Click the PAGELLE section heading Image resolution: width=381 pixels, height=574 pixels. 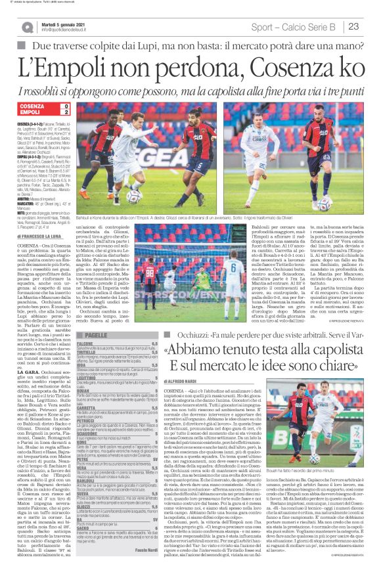click(97, 335)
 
